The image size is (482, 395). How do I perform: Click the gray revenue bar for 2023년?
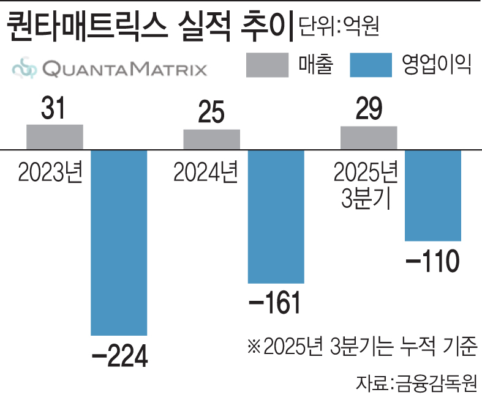[x=55, y=136]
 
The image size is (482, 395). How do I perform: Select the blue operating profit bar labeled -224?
[x=119, y=242]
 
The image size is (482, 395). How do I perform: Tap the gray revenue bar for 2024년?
[x=211, y=139]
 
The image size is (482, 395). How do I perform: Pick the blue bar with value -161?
[x=276, y=216]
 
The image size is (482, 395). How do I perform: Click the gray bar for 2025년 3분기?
[x=368, y=138]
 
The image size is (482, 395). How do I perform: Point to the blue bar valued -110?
[x=432, y=194]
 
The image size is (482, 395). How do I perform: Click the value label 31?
[x=55, y=111]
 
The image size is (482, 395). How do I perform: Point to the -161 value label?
[x=276, y=304]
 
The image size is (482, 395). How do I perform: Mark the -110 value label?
[x=432, y=262]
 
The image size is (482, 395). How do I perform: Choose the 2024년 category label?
[x=206, y=174]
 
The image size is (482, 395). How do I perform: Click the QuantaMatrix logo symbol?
[x=24, y=68]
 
